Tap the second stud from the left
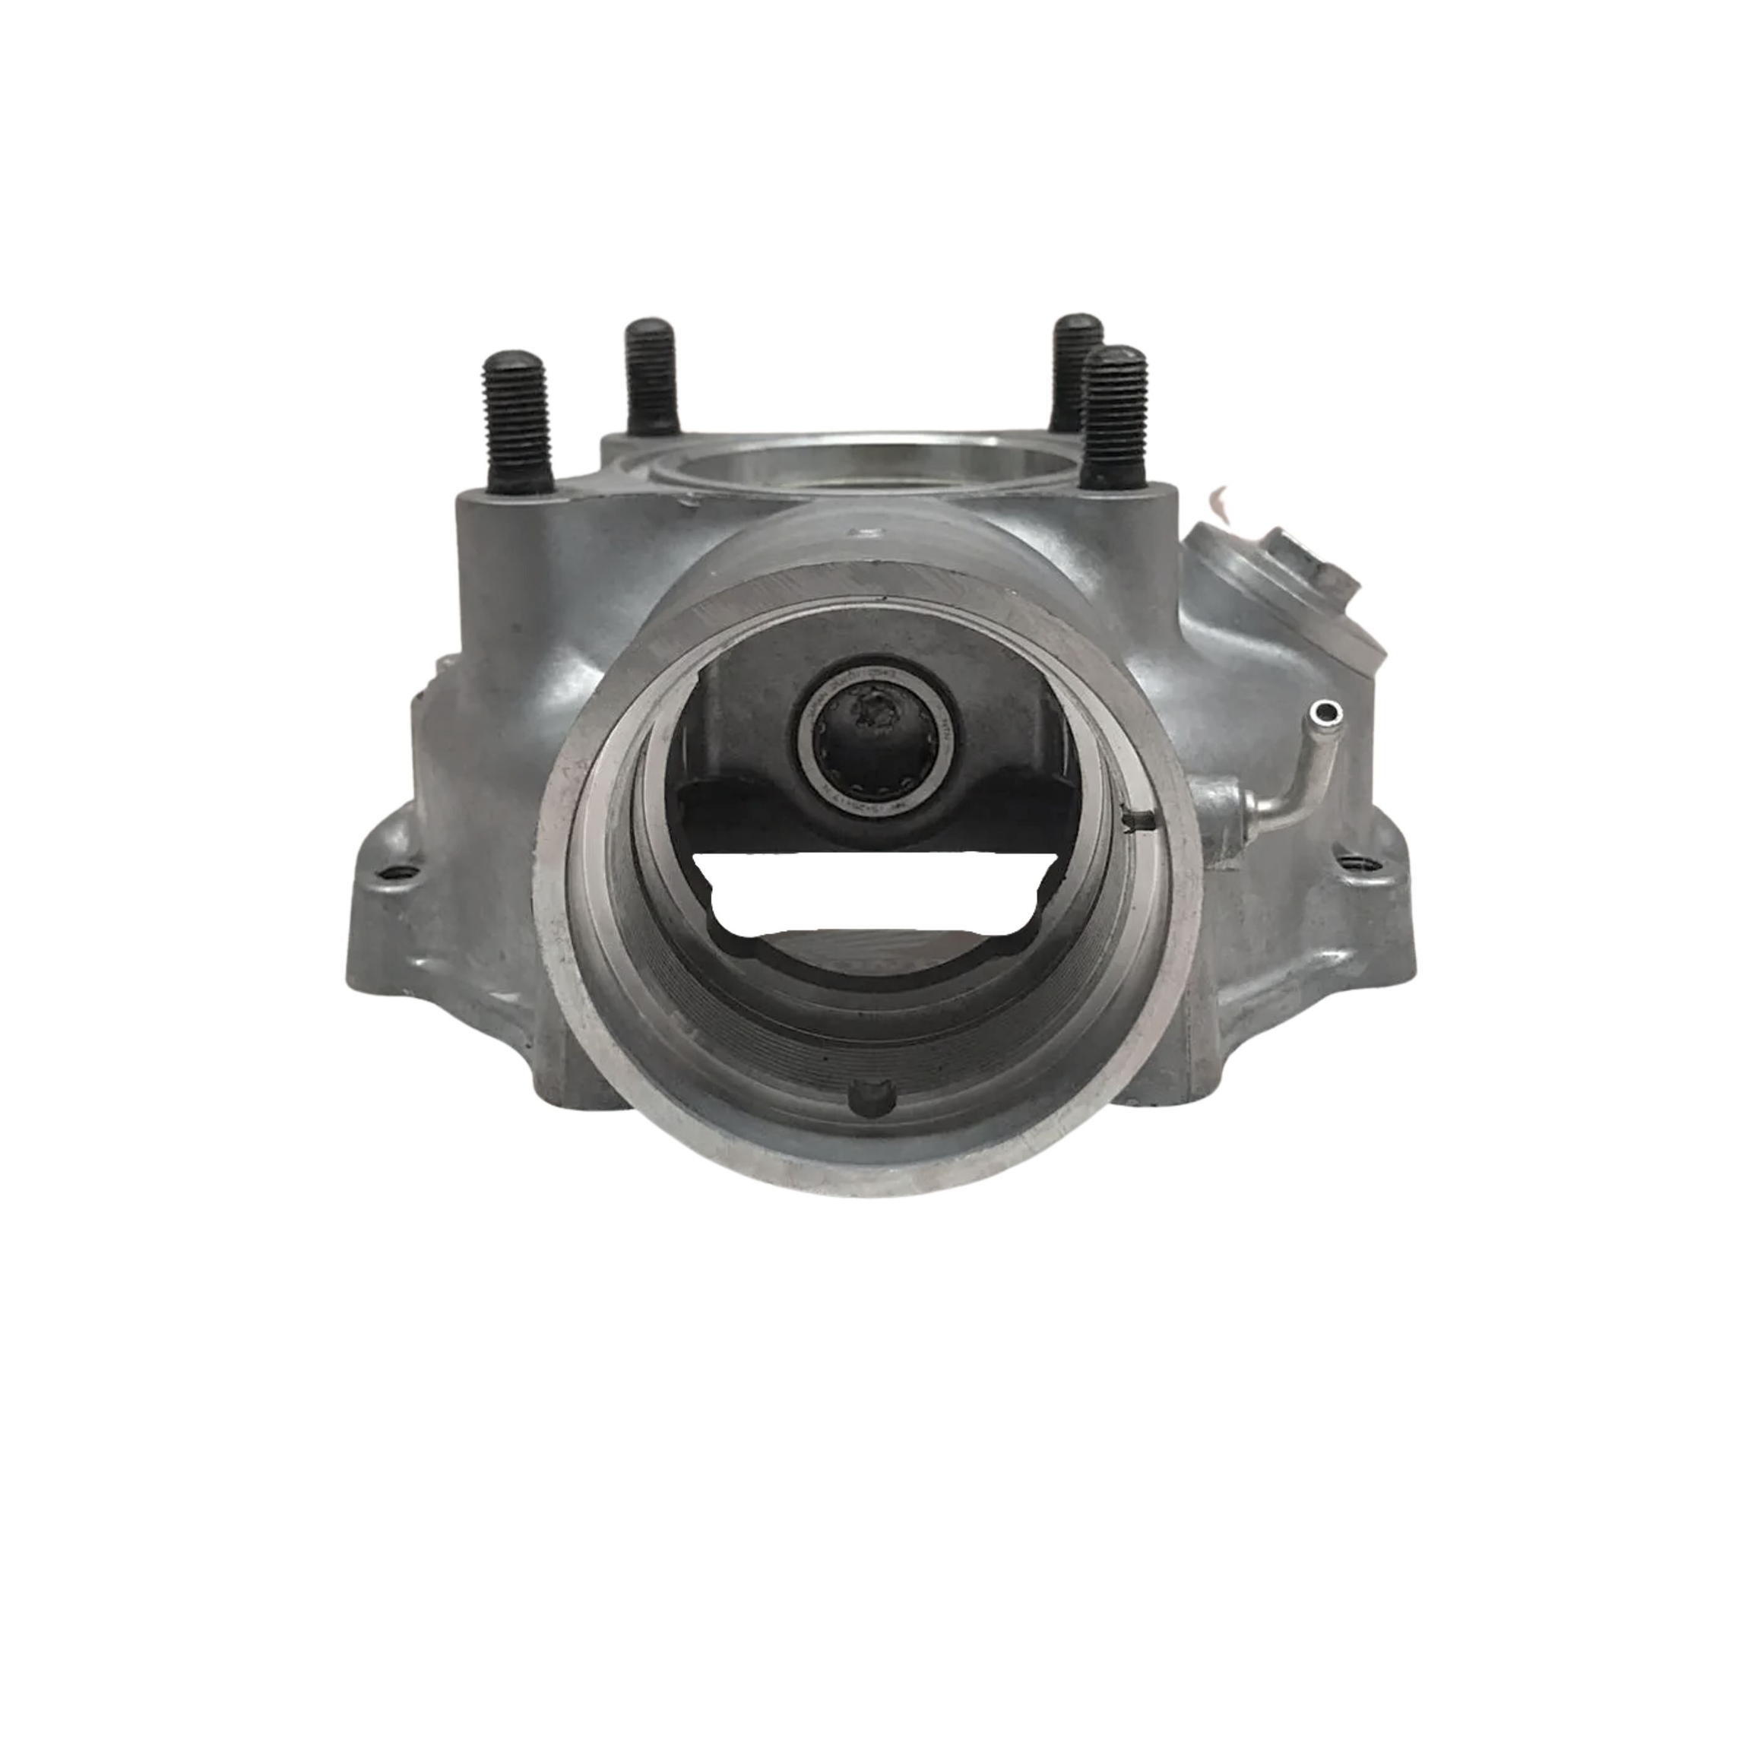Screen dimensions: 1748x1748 (x=652, y=375)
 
